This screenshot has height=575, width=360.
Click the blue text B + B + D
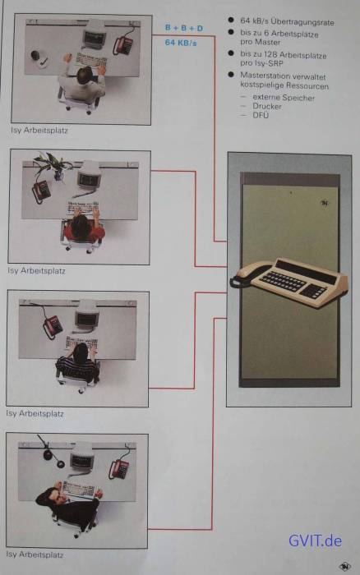184,28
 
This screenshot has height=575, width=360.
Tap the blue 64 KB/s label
181,43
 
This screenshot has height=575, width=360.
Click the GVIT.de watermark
315,540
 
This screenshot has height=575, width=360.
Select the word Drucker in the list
267,106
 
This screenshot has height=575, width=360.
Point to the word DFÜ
261,115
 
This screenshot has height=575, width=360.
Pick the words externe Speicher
284,98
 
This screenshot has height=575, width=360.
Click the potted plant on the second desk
52,164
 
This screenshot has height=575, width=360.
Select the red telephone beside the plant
41,191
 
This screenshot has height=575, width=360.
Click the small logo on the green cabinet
325,203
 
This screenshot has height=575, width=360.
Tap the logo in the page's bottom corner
344,567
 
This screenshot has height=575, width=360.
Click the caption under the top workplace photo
39,130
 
